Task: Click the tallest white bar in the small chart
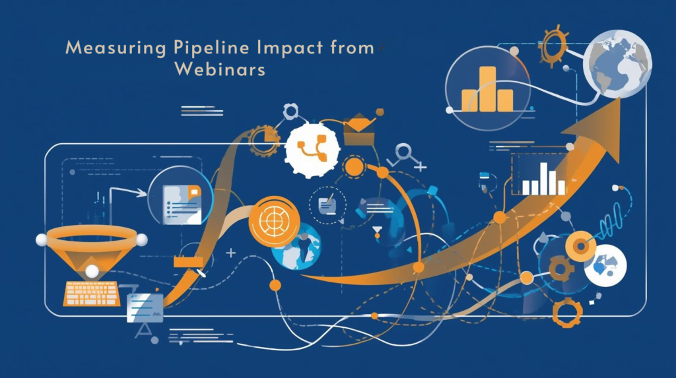544,177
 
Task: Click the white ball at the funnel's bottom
92,270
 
